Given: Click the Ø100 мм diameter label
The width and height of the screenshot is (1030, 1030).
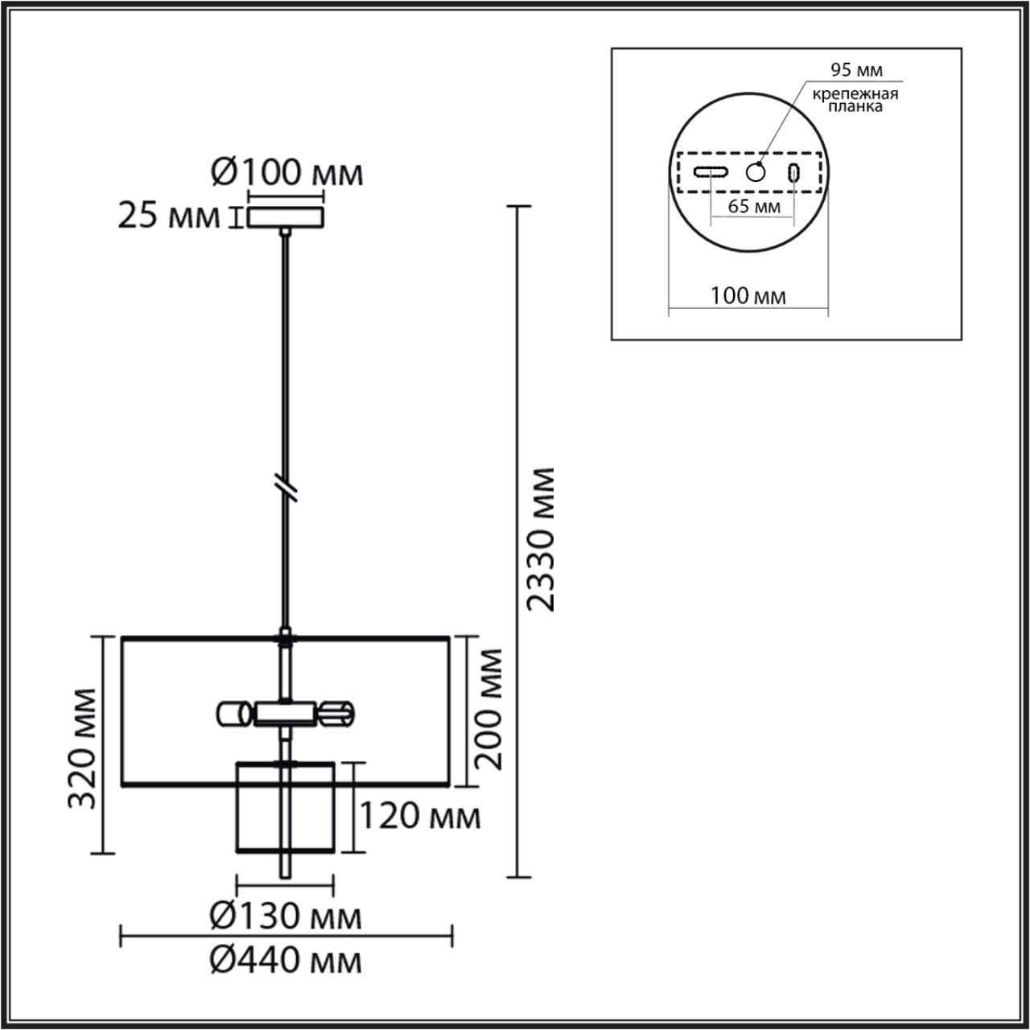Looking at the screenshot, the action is point(287,173).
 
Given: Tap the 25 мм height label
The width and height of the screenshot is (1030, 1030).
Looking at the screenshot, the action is point(168,216).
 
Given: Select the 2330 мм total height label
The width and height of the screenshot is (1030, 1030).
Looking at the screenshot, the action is point(541,539).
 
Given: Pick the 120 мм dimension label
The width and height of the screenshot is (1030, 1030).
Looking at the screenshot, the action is point(420,816).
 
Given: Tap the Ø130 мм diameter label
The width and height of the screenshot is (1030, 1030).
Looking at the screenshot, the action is point(286,917).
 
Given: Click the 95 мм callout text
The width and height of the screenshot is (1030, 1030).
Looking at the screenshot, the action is point(856,69).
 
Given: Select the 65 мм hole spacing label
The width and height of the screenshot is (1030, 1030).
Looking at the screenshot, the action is point(754,206).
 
